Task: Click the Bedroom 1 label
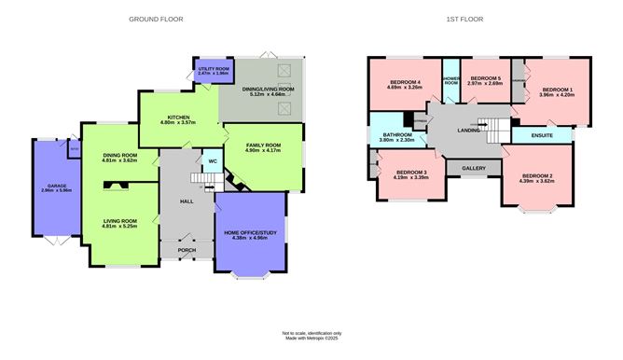click(x=556, y=91)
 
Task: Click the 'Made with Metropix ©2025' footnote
click(x=311, y=338)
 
